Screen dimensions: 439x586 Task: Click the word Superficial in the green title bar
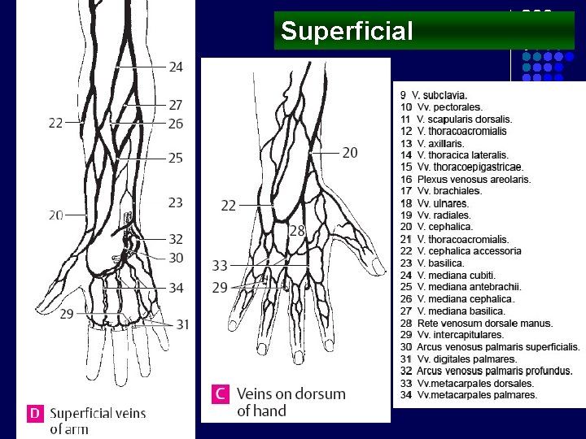[348, 32]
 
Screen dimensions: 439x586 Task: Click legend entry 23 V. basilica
[443, 263]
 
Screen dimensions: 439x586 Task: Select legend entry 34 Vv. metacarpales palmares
[469, 395]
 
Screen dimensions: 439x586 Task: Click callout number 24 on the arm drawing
[176, 67]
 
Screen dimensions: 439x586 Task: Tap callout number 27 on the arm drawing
[176, 105]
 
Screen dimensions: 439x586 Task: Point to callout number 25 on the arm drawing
[176, 159]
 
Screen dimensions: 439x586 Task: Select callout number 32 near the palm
[176, 239]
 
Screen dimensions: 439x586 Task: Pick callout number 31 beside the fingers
[182, 324]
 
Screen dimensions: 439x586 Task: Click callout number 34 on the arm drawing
[176, 288]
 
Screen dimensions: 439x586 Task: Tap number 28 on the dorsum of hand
[297, 232]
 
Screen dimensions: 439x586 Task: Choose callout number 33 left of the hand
[220, 266]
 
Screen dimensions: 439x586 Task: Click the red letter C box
[220, 394]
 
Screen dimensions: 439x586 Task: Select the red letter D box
[34, 413]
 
